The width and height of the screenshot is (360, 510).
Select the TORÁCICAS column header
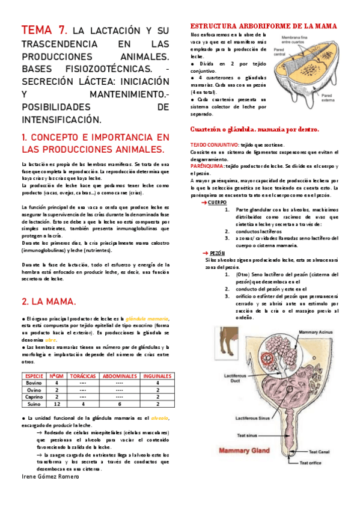(x=83, y=375)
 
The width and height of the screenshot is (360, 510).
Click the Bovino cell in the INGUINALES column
(x=157, y=382)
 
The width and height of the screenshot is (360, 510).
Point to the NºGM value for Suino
(x=56, y=404)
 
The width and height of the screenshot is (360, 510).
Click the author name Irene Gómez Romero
(x=50, y=476)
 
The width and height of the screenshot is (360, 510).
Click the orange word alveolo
(x=160, y=417)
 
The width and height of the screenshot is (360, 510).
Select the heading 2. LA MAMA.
(x=49, y=301)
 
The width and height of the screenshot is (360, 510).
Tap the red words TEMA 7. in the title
(x=44, y=30)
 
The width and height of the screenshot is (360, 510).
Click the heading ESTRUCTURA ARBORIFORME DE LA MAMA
(x=263, y=26)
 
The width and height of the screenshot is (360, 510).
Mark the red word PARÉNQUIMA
(x=206, y=165)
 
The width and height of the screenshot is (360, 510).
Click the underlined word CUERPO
(x=218, y=202)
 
